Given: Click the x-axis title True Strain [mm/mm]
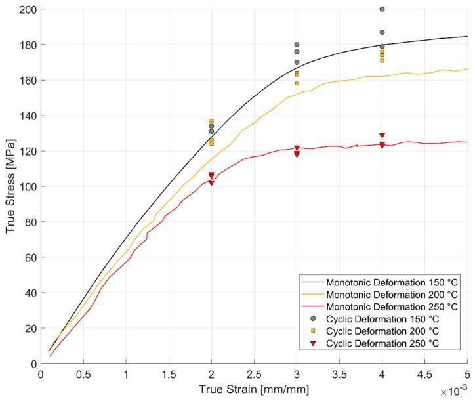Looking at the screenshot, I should [x=254, y=389].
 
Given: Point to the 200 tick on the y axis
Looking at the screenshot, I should [x=29, y=10].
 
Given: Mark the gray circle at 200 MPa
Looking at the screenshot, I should [x=382, y=9].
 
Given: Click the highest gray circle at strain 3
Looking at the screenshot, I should [x=297, y=45].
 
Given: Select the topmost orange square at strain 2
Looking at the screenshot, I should [x=211, y=121].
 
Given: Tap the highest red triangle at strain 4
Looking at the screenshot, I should [x=382, y=136].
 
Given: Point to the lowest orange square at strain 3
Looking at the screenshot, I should [x=297, y=83].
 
